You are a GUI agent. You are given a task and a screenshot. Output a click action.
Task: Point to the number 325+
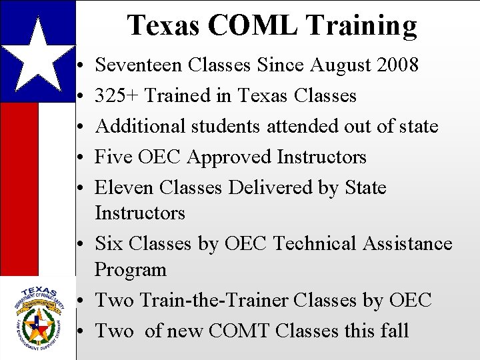coord(117,96)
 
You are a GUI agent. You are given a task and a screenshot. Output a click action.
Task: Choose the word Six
coord(109,244)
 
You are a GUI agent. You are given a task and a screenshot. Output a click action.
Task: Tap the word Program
coord(131,270)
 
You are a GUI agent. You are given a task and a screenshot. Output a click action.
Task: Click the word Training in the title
coord(362,25)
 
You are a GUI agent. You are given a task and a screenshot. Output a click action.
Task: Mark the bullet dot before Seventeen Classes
coord(79,67)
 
